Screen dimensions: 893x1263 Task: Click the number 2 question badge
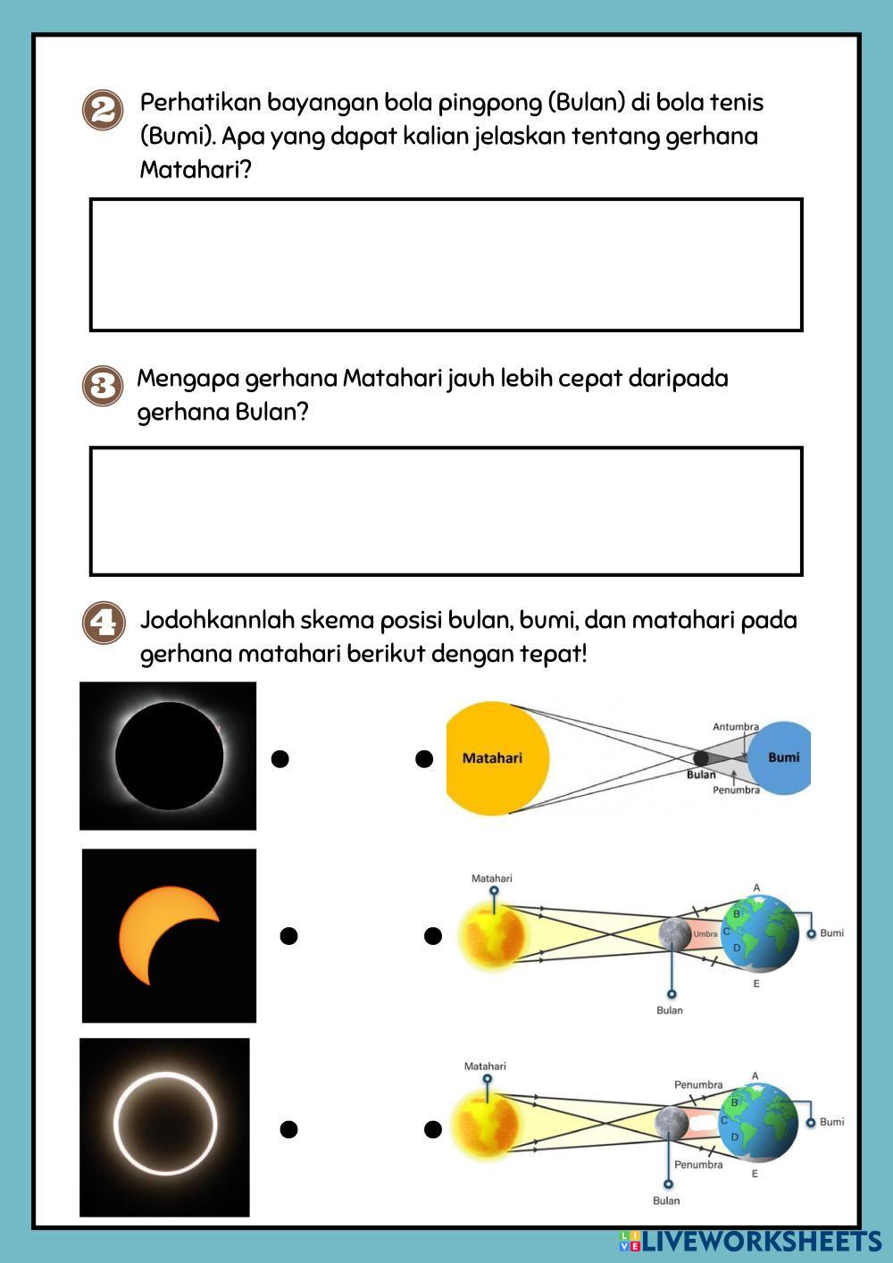tap(103, 111)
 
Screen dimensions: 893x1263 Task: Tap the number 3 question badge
tap(103, 386)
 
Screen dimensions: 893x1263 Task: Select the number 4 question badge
tap(103, 622)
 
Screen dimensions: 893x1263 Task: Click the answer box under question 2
tap(446, 264)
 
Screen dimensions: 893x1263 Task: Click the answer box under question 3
tap(446, 511)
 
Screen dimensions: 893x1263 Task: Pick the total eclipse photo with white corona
tap(168, 756)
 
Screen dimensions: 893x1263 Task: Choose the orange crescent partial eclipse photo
tap(169, 935)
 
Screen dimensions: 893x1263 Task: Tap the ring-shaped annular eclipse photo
tap(165, 1126)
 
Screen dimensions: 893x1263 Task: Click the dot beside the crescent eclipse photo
tap(288, 936)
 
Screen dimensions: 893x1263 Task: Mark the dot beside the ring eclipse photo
tap(288, 1129)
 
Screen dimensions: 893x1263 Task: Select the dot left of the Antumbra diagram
tap(424, 759)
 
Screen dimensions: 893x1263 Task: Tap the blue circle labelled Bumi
tap(782, 757)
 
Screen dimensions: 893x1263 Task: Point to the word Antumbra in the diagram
tap(735, 727)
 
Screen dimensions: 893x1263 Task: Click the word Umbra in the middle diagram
tap(705, 934)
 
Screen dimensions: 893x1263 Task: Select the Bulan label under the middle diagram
tap(670, 1010)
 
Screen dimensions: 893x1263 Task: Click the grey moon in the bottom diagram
tap(670, 1123)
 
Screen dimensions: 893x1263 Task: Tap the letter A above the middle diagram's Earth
tap(756, 888)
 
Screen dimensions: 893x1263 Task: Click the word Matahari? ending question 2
tap(196, 170)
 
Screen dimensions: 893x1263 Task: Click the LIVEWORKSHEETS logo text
tap(761, 1241)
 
